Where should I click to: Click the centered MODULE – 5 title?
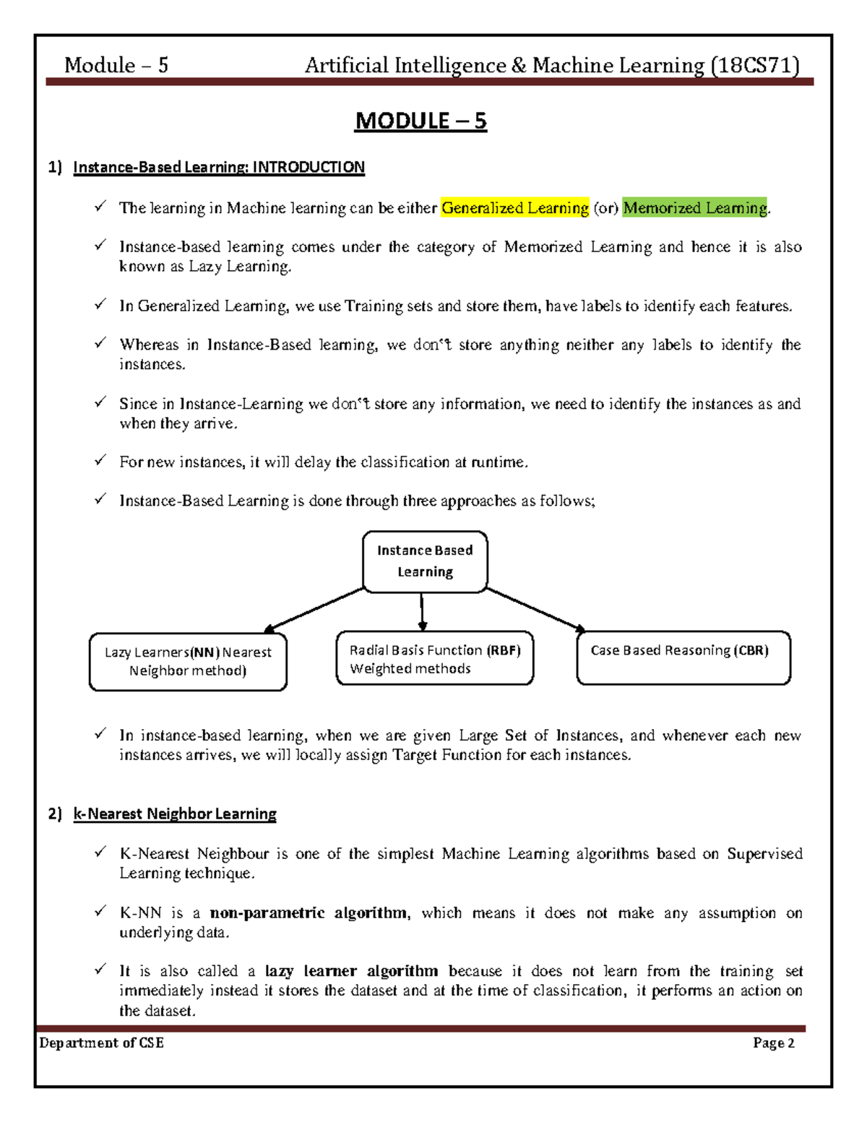point(420,121)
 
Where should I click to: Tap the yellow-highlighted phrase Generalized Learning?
point(515,208)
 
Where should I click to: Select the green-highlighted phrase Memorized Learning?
point(694,208)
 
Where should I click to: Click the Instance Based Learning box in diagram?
point(425,561)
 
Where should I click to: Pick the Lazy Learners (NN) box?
point(188,662)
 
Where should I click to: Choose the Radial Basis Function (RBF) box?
point(434,659)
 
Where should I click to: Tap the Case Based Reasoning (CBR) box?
point(683,657)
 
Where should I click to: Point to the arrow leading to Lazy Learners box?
point(314,610)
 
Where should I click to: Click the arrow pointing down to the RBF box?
point(422,612)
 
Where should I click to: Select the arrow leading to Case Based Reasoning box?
point(535,610)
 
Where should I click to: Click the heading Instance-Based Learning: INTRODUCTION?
point(219,168)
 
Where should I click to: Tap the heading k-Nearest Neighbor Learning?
point(175,814)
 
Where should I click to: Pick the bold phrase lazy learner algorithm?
point(351,971)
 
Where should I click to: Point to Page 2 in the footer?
point(773,1043)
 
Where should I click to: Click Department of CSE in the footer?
point(102,1043)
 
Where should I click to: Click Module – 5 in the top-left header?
point(116,66)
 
